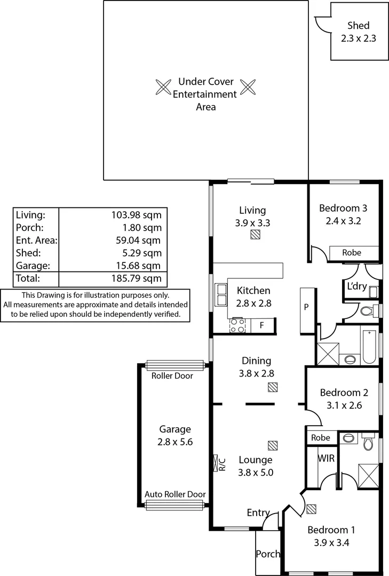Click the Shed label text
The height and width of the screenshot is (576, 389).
(x=358, y=26)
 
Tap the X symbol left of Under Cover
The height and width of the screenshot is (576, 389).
(x=163, y=87)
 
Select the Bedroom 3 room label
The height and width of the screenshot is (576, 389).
(x=343, y=209)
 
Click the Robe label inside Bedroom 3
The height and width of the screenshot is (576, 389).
(x=351, y=253)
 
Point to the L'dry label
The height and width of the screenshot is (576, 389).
(x=356, y=286)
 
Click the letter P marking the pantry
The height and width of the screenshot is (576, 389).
(x=306, y=307)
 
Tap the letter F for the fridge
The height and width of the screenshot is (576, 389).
(x=261, y=325)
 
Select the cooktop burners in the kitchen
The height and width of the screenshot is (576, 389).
(x=237, y=325)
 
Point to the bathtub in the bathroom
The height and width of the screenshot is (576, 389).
(x=369, y=347)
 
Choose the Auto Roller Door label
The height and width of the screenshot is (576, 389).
(x=175, y=494)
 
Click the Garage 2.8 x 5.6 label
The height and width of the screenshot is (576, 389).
(x=174, y=435)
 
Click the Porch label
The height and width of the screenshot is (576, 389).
(x=268, y=554)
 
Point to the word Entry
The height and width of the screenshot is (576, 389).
(x=258, y=513)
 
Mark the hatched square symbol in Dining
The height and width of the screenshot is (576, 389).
(x=273, y=387)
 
